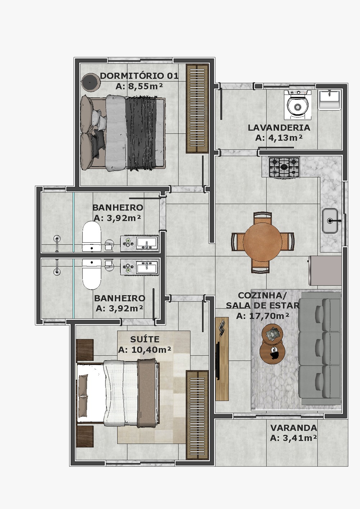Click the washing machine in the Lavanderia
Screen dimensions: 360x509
297,105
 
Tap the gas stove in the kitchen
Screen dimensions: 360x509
284,167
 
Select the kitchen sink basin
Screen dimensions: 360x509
330,221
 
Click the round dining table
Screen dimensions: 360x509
262,242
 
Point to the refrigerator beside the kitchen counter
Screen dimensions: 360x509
325,271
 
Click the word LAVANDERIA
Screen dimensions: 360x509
279,128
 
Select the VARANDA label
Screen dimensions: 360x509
294,428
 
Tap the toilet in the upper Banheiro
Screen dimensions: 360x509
91,236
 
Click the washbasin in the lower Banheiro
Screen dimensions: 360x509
147,267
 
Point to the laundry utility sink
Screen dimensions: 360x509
329,100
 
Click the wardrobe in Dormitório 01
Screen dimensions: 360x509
197,108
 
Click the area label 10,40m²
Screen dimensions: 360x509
145,350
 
